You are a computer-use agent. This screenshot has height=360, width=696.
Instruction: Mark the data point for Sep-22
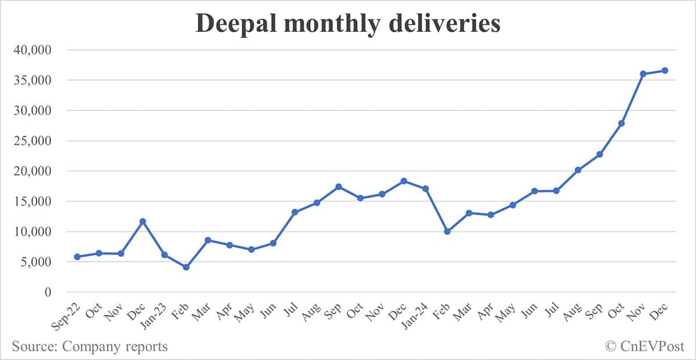point(77,257)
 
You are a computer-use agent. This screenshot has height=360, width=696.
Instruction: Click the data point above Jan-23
point(164,255)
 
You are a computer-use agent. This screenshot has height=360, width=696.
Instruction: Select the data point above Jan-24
point(425,188)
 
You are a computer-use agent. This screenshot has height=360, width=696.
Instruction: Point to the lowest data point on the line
point(186,267)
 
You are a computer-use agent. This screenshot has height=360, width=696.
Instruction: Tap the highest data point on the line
point(665,71)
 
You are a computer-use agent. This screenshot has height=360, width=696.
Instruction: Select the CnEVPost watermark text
point(652,347)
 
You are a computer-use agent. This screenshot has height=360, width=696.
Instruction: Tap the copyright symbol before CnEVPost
point(611,347)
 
